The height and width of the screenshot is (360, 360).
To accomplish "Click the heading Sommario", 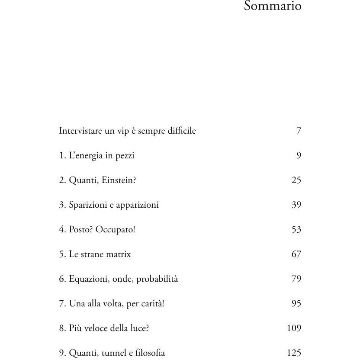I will tap(273, 6).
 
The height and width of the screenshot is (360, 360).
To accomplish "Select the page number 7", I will tap(299, 131).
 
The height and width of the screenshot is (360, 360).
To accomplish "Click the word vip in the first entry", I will tap(123, 131).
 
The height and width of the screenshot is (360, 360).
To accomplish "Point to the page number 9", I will tap(299, 155).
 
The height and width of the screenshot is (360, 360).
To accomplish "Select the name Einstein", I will tap(118, 180).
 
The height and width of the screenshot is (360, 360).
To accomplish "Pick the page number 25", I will tap(296, 180).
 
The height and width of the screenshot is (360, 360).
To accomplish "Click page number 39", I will tap(296, 205).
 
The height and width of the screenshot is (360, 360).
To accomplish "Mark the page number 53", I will tap(296, 229).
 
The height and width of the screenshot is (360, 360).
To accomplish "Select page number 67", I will tap(296, 254).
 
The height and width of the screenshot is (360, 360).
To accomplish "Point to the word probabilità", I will tap(157, 279).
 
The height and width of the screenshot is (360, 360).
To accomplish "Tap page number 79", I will tap(296, 279).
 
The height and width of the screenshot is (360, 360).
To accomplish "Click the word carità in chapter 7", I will tap(152, 303).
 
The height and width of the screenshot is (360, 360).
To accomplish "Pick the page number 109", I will tap(294, 328).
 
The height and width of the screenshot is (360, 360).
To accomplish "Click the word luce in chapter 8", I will tap(139, 328).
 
